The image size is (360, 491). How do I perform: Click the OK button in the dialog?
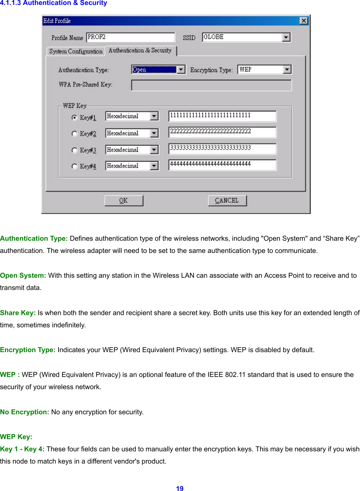point(124,201)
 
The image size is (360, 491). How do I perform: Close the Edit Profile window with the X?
point(303,21)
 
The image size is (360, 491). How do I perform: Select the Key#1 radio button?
point(74,117)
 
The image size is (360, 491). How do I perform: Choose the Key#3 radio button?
point(74,150)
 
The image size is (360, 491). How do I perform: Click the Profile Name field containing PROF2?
point(130,37)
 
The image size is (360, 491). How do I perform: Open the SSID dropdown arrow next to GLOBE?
point(286,37)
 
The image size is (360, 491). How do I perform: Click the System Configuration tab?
point(76,51)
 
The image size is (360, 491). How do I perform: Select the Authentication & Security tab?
point(140,51)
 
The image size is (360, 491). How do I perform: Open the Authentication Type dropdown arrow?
point(181,69)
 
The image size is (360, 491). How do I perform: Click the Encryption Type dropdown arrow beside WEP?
point(287,69)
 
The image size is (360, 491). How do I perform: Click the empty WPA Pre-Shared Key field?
point(211,85)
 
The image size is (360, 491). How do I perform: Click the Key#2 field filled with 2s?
point(222,132)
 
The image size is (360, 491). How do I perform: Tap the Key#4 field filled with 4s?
point(222,165)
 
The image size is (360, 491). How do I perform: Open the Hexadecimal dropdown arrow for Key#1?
point(154,116)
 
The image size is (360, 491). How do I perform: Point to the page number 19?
point(180,488)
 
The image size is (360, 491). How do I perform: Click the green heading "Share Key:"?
point(18,313)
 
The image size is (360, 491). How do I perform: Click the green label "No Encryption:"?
point(24,412)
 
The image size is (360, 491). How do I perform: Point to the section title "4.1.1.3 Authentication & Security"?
point(54,3)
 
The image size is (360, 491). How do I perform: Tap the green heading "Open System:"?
point(23,275)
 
